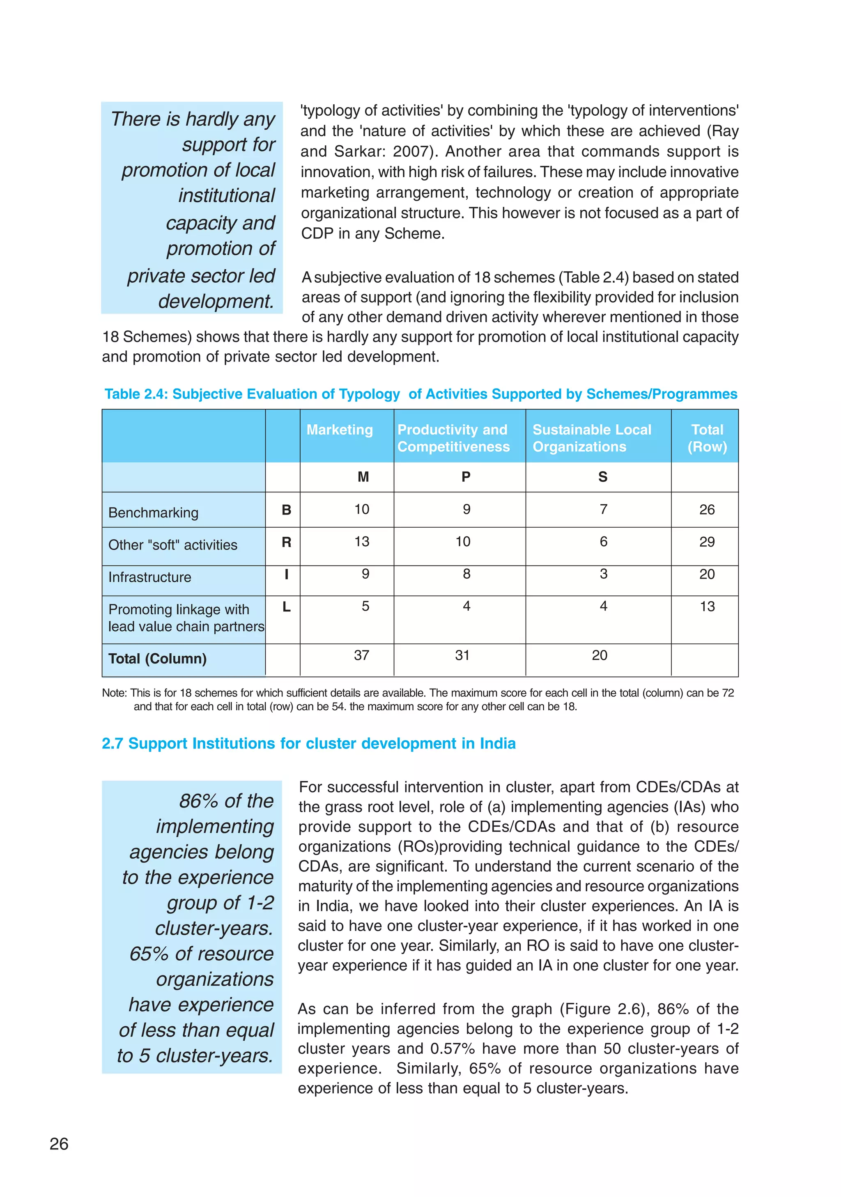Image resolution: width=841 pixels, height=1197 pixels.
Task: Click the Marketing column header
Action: tap(340, 430)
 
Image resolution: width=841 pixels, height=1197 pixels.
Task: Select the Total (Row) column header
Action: tap(707, 438)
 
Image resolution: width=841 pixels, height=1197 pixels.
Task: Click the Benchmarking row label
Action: tap(154, 513)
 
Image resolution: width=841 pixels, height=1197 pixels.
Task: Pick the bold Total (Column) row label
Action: tap(158, 659)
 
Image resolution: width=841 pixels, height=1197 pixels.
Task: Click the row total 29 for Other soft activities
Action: tap(707, 542)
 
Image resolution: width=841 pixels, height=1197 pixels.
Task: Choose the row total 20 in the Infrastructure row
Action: tap(707, 574)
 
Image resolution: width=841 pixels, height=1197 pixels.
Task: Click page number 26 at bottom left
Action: tap(59, 1144)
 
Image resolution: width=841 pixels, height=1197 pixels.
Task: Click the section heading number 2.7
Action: tap(112, 744)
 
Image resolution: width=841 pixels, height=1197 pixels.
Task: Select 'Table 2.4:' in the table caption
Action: tap(136, 394)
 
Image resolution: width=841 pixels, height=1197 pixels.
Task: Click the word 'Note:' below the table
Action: tap(114, 693)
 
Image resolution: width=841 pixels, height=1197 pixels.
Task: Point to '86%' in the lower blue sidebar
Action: tap(198, 801)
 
